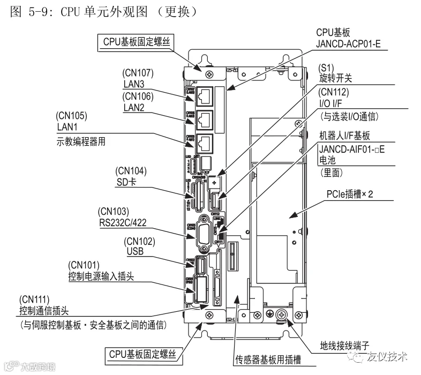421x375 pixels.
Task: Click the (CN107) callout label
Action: (139, 73)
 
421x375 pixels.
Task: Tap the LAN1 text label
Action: (67, 127)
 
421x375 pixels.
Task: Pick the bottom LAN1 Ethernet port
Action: (204, 141)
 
